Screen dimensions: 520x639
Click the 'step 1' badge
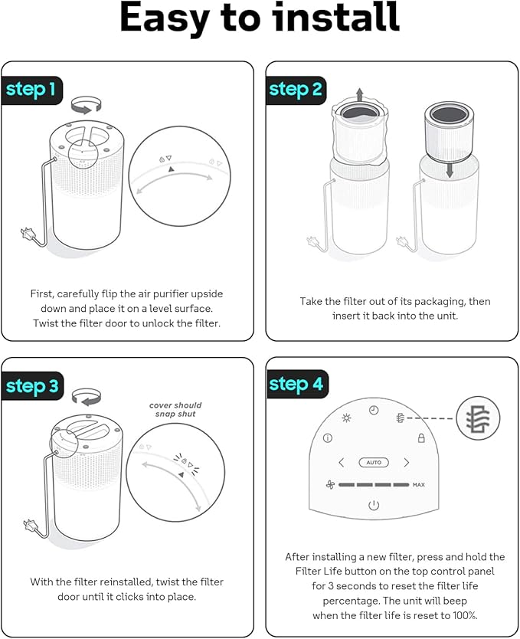(x=31, y=90)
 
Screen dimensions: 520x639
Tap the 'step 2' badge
(x=296, y=90)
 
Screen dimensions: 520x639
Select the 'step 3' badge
(x=32, y=386)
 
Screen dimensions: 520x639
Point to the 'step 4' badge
(x=297, y=385)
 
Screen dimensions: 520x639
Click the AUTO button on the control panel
(x=374, y=463)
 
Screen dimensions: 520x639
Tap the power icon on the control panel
(x=374, y=506)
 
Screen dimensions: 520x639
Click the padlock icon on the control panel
(x=421, y=438)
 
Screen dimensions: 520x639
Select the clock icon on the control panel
(x=374, y=411)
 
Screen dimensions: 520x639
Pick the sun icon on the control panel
(x=346, y=418)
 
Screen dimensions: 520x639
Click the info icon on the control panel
(x=327, y=438)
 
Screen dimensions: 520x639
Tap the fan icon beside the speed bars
(x=330, y=484)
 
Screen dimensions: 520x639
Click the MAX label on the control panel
(x=419, y=484)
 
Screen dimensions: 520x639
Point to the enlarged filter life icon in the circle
(x=478, y=418)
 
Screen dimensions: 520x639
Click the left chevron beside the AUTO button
(x=342, y=463)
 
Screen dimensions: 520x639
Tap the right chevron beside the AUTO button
(x=407, y=463)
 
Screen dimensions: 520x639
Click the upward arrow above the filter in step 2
(x=359, y=94)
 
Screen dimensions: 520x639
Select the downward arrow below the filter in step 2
(x=450, y=170)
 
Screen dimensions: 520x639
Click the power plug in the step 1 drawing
(x=27, y=234)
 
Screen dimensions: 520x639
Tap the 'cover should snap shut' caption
(x=175, y=410)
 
